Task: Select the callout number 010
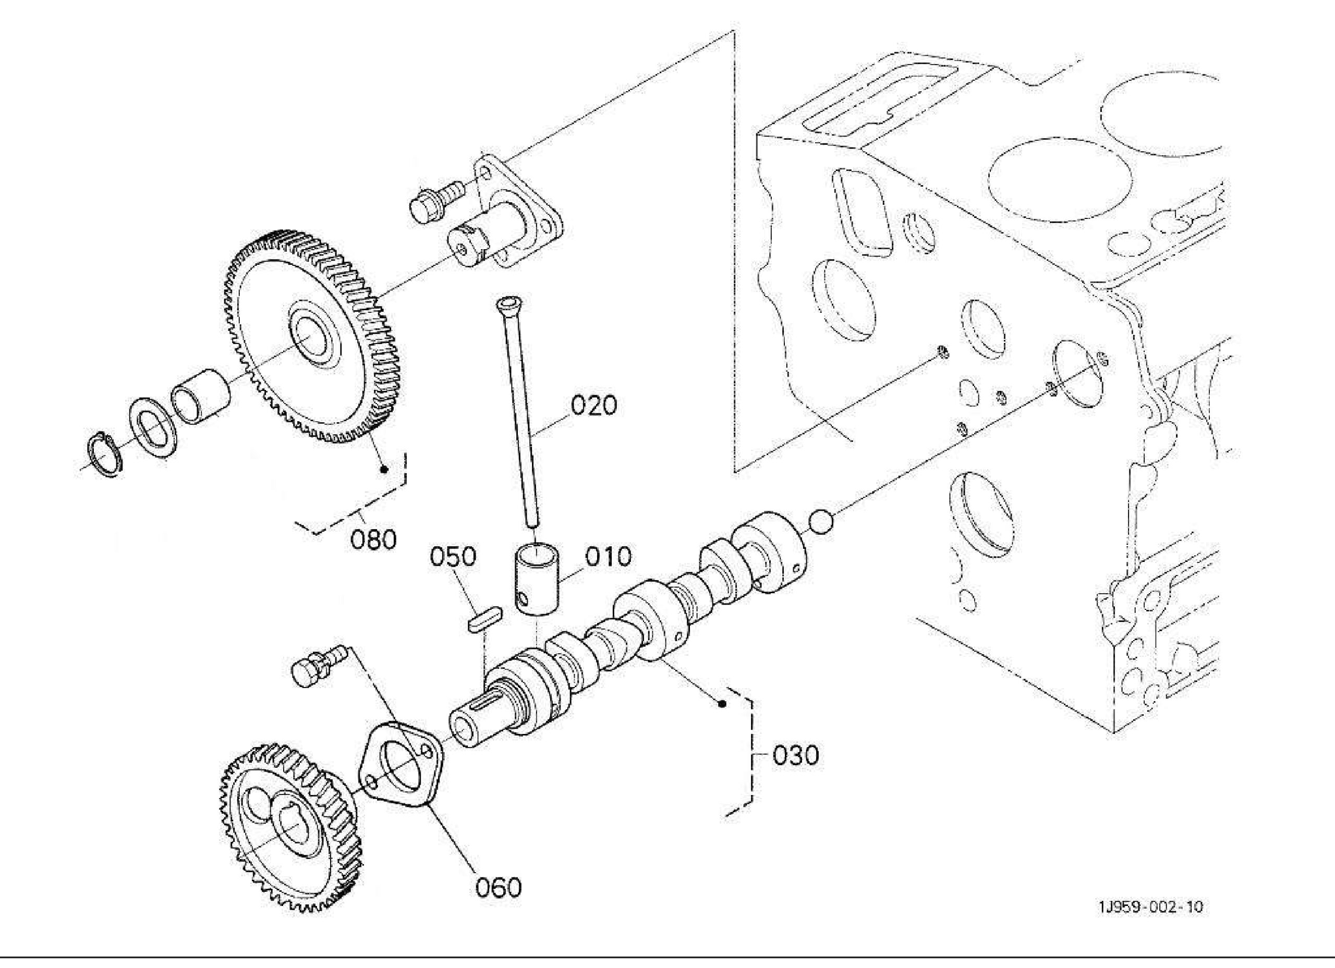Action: [x=608, y=556]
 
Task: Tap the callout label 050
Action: [x=453, y=556]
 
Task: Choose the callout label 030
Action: [x=795, y=755]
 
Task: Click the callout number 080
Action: [x=374, y=539]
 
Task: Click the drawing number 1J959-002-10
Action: [x=1150, y=923]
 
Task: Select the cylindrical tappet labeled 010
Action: [x=537, y=580]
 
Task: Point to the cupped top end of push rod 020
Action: [x=507, y=304]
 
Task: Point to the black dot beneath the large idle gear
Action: [x=384, y=470]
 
